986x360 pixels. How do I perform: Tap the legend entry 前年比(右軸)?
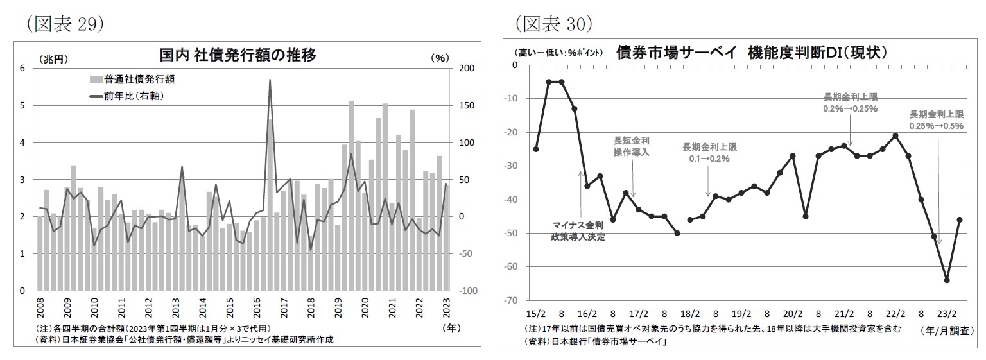click(x=132, y=96)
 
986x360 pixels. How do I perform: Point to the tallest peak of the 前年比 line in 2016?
click(x=270, y=80)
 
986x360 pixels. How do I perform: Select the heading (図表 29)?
click(x=63, y=24)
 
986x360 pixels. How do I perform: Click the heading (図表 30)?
click(x=553, y=24)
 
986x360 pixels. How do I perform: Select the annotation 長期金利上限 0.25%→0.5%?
click(x=936, y=120)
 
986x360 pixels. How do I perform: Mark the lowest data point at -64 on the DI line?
click(x=947, y=280)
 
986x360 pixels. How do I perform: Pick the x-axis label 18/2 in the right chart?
click(x=690, y=314)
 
